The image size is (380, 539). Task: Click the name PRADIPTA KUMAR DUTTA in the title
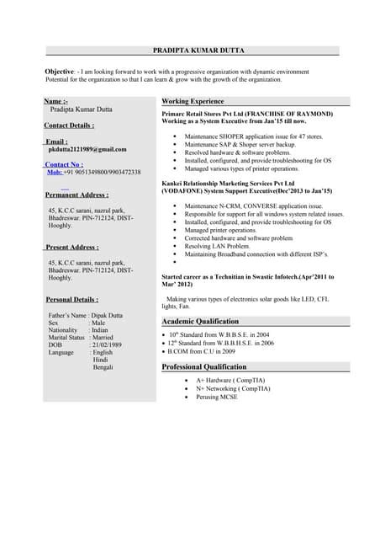[x=198, y=51]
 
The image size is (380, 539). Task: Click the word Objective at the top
[x=59, y=72]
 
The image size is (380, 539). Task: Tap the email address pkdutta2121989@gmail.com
[x=87, y=149]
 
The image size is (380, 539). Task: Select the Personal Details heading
[x=71, y=300]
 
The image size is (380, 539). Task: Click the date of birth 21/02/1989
[x=110, y=344]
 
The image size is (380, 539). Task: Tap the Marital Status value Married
[x=108, y=337]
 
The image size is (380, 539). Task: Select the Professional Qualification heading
[x=204, y=367]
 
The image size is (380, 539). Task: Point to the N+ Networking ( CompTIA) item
[x=233, y=388]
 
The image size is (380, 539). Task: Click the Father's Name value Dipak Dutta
[x=117, y=315]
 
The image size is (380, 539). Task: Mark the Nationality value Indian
[x=104, y=329]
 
